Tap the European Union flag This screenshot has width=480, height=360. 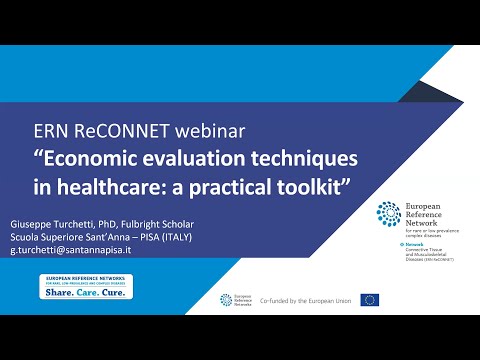click(370, 299)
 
